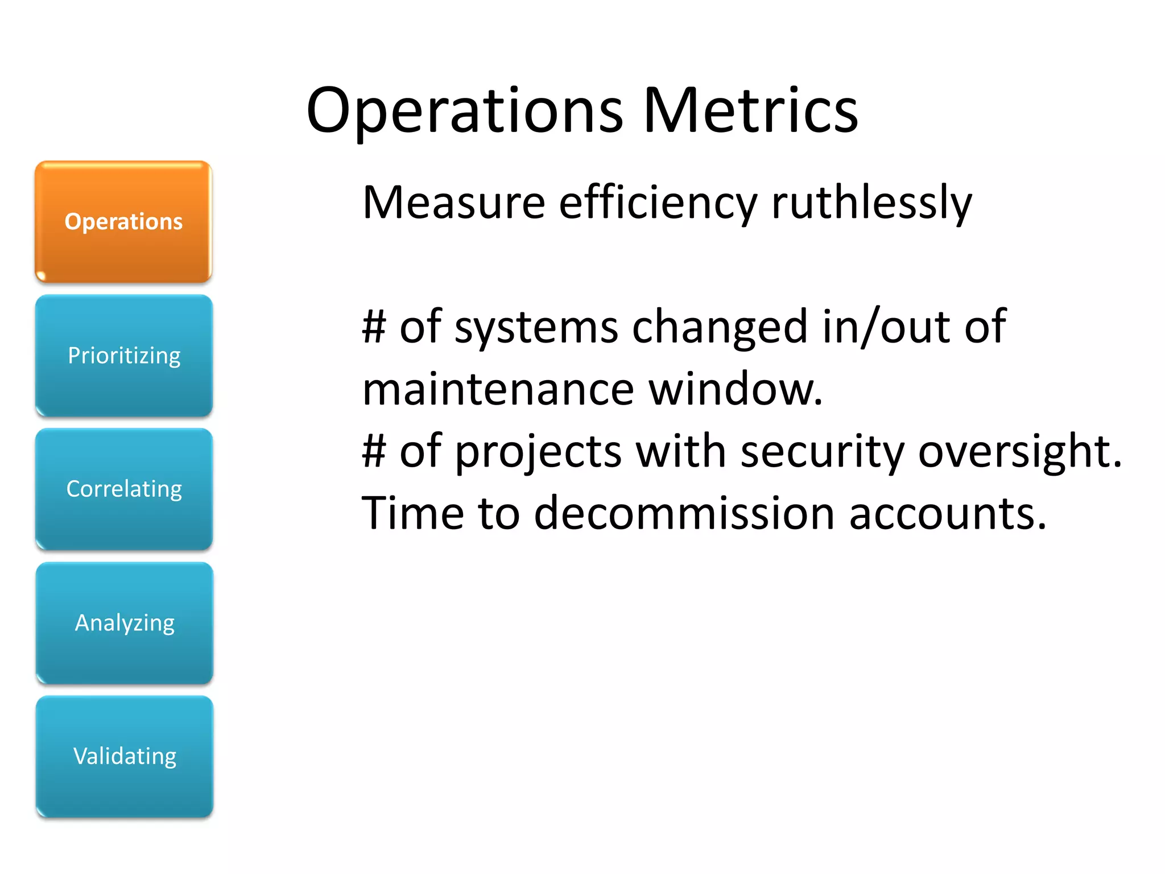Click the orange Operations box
tap(123, 222)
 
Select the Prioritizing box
tap(124, 356)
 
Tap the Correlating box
tap(124, 489)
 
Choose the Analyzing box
tap(125, 623)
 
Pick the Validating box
tap(125, 757)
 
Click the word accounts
tap(947, 513)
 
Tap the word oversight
tap(1019, 452)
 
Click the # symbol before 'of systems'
tap(374, 327)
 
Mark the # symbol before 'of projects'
tap(374, 451)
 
